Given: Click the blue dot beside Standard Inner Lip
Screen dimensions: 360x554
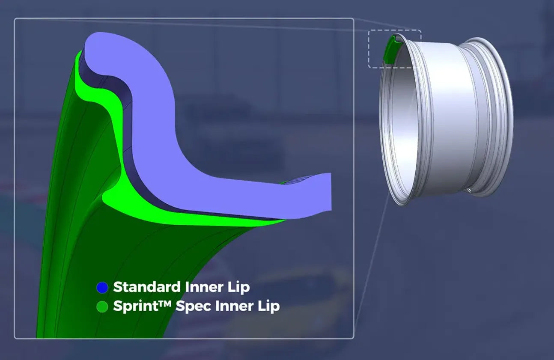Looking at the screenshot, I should pyautogui.click(x=102, y=288).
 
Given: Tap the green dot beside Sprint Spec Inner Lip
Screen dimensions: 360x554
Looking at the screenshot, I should pyautogui.click(x=102, y=307).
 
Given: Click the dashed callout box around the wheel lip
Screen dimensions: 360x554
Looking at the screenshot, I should pyautogui.click(x=395, y=30).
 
